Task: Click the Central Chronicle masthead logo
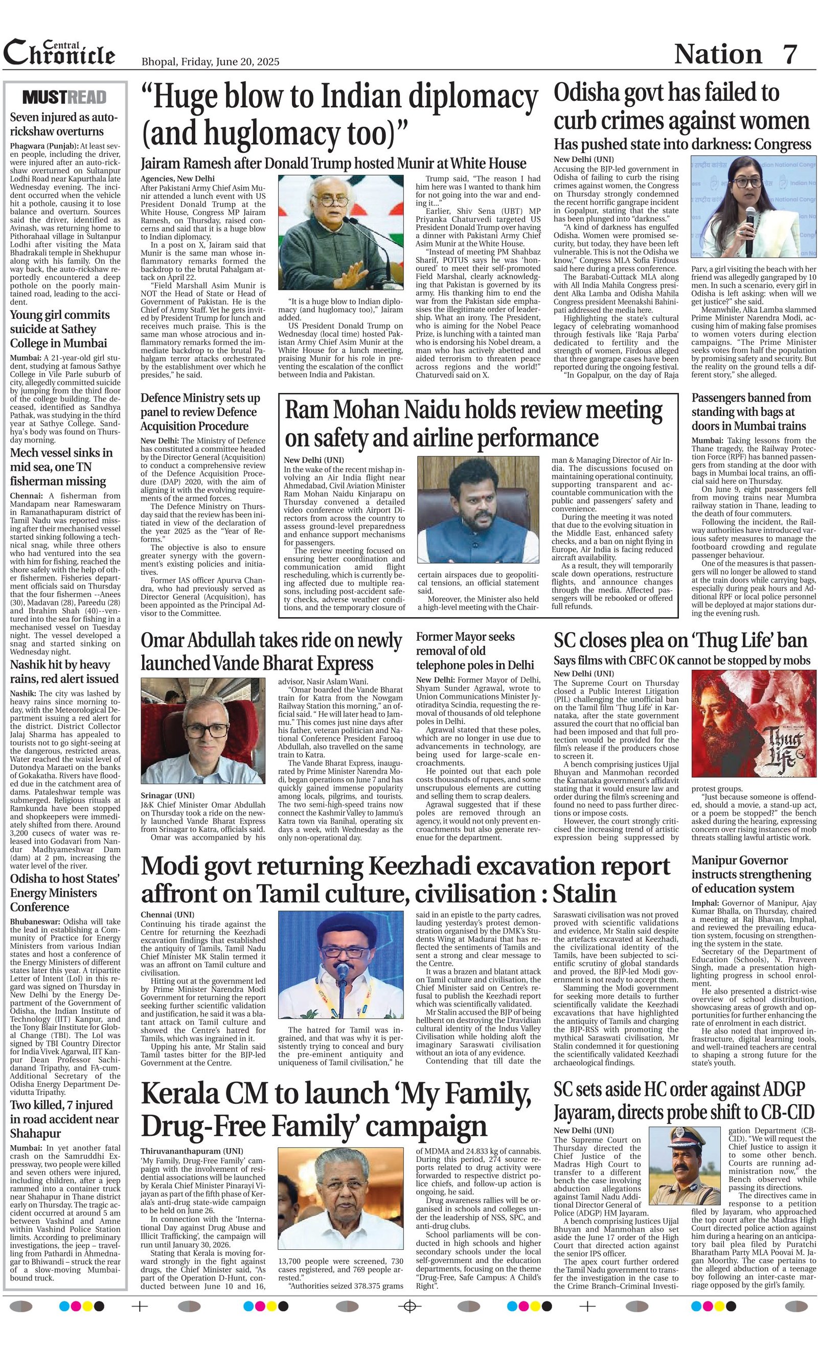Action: (x=59, y=53)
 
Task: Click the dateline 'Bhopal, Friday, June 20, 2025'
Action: (x=210, y=61)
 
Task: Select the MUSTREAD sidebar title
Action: (x=65, y=97)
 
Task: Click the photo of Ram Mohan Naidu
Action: (x=478, y=509)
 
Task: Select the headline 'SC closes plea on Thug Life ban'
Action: (x=680, y=640)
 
